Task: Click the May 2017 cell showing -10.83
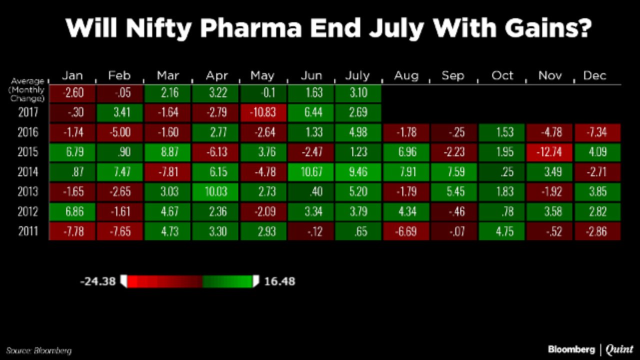263,112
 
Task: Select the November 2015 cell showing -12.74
549,152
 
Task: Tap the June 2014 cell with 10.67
311,171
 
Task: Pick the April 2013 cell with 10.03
215,191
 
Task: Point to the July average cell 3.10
358,93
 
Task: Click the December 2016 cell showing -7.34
597,132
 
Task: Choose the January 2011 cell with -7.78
72,231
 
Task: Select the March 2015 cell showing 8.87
167,152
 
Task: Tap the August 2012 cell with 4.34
406,211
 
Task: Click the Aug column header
406,75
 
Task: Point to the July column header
357,76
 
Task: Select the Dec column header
594,75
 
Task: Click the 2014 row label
27,172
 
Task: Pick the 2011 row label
28,231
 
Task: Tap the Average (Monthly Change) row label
27,90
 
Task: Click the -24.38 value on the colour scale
97,281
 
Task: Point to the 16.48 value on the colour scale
279,281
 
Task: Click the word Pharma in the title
251,28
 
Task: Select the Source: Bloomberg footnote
39,350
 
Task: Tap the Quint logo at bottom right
619,349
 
